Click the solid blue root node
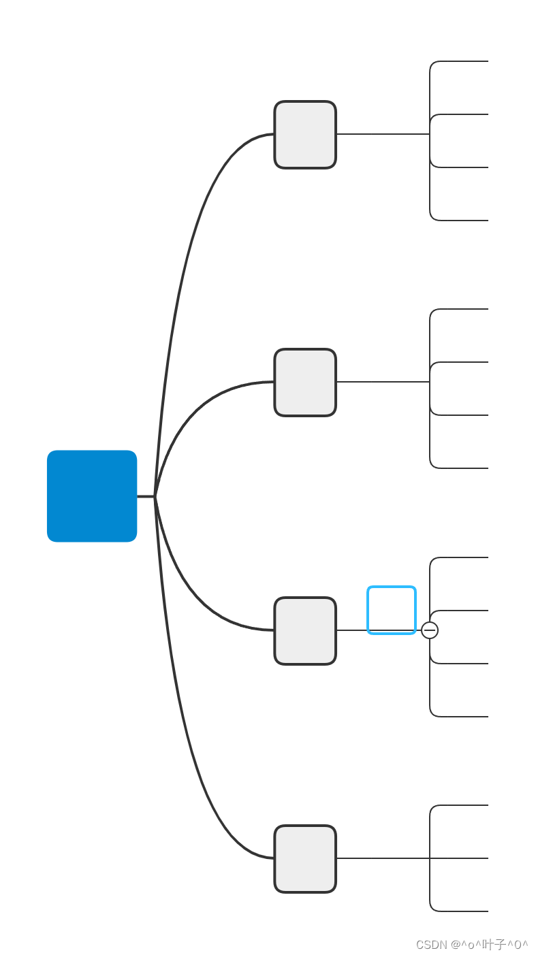coord(92,496)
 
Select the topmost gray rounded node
coord(305,135)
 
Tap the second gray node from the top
coord(305,383)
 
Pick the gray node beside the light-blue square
coord(305,631)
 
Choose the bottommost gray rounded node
coord(305,859)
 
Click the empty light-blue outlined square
coord(392,610)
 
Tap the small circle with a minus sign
coord(430,630)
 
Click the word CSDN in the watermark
coord(431,945)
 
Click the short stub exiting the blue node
coord(146,496)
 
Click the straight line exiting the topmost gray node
coord(381,134)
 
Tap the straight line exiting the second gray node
coord(381,382)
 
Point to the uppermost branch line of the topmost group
coord(463,61)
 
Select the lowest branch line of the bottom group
coord(463,911)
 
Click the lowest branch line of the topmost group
coord(463,221)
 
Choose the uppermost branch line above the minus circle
coord(463,557)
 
